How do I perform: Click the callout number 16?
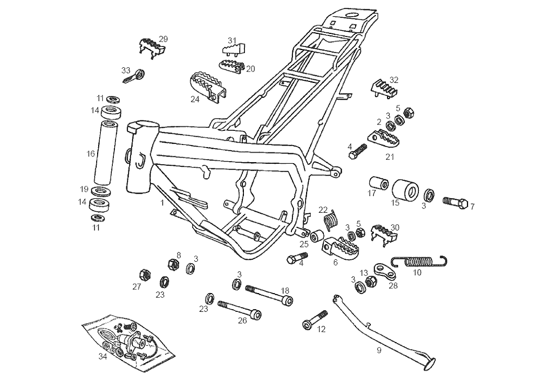91,154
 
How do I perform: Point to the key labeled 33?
134,76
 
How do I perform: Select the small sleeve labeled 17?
378,184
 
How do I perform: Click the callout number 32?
394,80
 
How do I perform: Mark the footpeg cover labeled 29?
151,46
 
